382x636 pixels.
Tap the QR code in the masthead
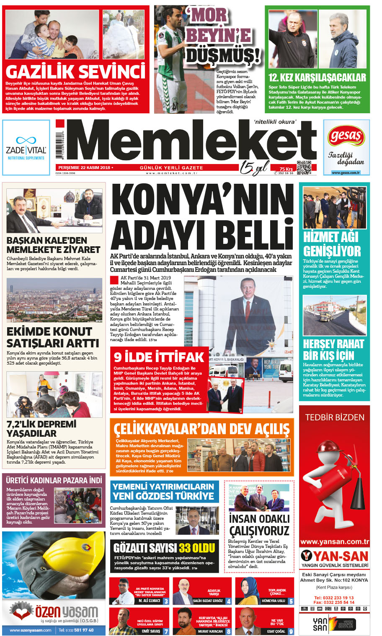[304, 167]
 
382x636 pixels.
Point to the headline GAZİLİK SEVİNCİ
[76, 72]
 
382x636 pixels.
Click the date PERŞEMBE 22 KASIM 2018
[84, 168]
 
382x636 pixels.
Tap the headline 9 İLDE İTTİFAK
[159, 357]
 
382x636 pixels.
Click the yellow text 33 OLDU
[197, 548]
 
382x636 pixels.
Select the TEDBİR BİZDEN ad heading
[335, 417]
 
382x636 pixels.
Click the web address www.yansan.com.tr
[335, 542]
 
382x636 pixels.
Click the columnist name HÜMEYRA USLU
[273, 601]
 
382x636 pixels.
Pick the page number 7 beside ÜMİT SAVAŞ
[166, 631]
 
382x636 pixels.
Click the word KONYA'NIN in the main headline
[202, 200]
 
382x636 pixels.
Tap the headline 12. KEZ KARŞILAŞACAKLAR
[317, 78]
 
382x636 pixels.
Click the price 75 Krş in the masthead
[286, 169]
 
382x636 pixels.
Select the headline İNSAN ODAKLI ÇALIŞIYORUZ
[259, 525]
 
